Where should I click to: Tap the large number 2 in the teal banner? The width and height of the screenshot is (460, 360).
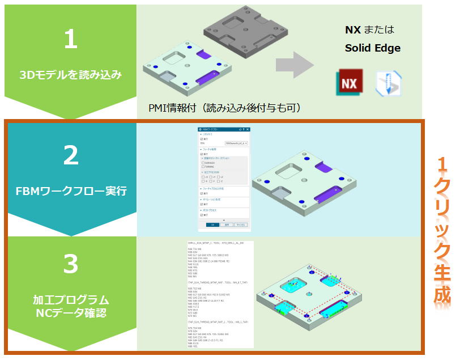tap(70, 155)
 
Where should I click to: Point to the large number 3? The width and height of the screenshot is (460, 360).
tap(70, 264)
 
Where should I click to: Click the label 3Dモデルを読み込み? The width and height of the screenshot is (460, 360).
tap(70, 74)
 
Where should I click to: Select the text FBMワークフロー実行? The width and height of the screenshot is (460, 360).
tap(70, 190)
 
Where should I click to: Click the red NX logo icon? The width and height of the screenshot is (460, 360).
tap(350, 83)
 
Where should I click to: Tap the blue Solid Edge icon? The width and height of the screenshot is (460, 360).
tap(389, 83)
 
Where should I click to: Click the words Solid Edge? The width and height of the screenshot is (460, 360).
tap(372, 48)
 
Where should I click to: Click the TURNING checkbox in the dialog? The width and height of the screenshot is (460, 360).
tap(202, 167)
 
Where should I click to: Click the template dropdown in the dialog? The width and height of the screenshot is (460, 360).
tap(236, 143)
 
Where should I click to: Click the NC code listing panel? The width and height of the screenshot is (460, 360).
tap(220, 295)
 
